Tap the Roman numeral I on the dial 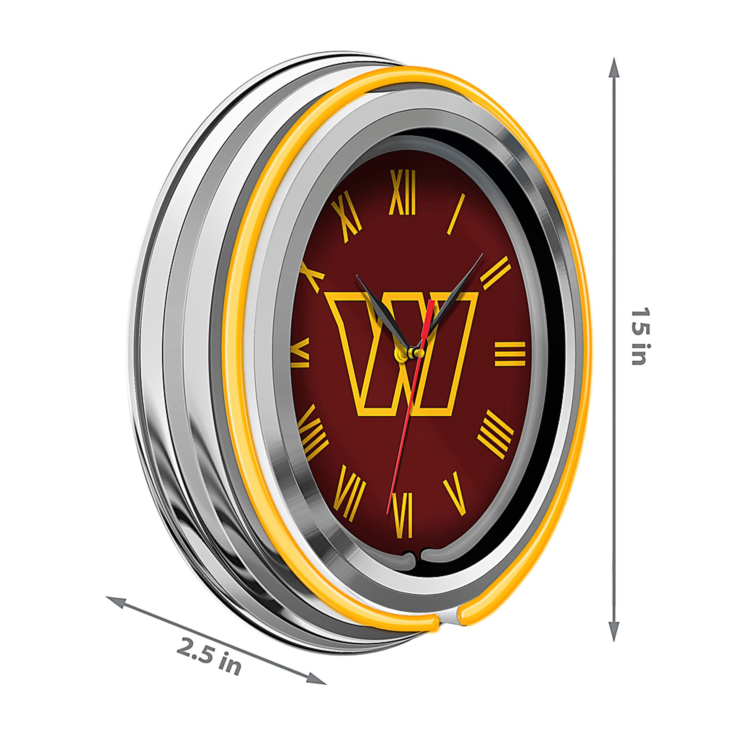pos(456,214)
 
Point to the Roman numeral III pos(510,354)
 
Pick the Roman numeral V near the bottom pos(456,493)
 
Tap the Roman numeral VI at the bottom pos(403,515)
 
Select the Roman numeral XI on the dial pos(346,216)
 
